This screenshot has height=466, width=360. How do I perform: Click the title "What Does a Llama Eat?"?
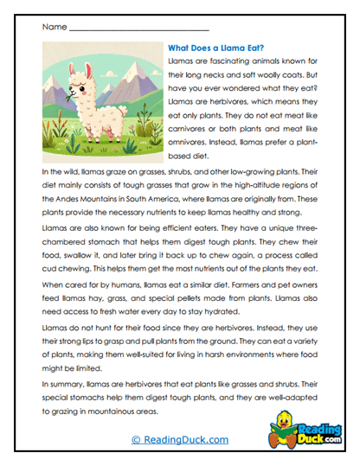click(x=215, y=49)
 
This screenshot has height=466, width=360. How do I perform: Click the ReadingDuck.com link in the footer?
click(x=179, y=439)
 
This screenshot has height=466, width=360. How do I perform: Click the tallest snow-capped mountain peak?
click(x=128, y=58)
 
